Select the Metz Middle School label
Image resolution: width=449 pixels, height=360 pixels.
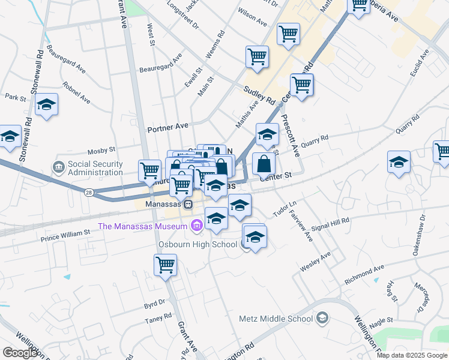(276, 318)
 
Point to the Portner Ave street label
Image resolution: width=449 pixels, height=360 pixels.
(168, 127)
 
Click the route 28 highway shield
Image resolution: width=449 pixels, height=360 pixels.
(89, 193)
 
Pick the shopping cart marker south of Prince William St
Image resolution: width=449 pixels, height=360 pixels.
(165, 265)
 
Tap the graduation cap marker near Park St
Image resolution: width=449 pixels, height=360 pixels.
(46, 105)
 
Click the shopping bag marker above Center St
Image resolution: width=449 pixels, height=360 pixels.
(264, 163)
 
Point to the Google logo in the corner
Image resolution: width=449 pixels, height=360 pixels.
(20, 353)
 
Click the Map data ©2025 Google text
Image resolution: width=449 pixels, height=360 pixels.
(412, 355)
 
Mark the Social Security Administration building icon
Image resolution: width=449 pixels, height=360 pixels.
(59, 166)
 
